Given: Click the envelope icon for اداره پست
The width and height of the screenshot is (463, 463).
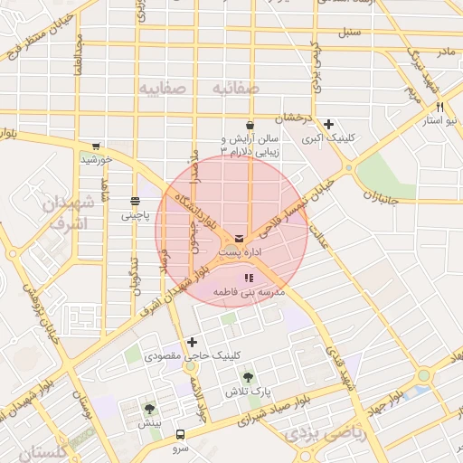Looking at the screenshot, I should [x=239, y=239].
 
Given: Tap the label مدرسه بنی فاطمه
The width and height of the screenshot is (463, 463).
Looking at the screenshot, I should [x=250, y=294].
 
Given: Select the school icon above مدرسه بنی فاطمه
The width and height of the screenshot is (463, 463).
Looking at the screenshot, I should [x=250, y=279].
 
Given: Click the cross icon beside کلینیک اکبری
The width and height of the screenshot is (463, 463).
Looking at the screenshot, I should [x=329, y=125].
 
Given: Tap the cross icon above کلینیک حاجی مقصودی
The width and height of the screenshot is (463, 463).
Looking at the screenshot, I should [x=192, y=342].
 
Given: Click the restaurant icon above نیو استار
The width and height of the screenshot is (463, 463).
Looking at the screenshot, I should [x=439, y=107].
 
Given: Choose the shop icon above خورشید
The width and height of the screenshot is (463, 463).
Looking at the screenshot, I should [x=96, y=146].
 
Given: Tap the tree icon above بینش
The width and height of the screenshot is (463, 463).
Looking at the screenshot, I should [x=149, y=409].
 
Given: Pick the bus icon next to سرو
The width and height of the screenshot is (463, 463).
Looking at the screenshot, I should [x=180, y=435].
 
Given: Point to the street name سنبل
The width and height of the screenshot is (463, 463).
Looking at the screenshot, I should [x=349, y=33].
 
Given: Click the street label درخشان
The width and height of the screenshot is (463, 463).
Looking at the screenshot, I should [x=295, y=118].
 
